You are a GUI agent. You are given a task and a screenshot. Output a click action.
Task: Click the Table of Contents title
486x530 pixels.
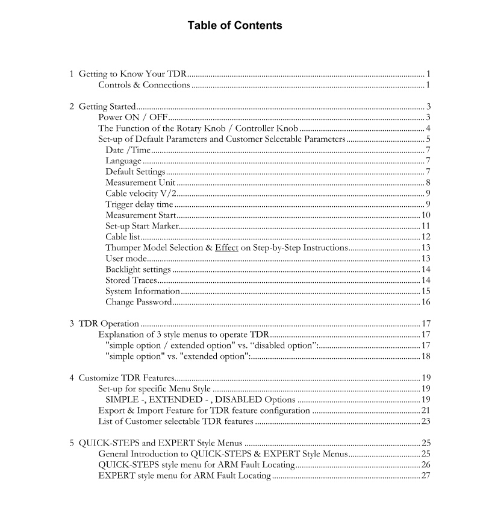[x=234, y=25]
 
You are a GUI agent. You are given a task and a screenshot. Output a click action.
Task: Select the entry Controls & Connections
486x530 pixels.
[x=144, y=85]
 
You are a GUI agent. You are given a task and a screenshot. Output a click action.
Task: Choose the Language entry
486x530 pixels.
[x=123, y=161]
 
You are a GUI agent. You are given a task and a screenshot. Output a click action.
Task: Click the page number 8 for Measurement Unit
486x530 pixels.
[x=427, y=183]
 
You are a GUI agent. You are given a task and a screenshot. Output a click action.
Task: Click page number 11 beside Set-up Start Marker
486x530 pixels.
[x=425, y=226]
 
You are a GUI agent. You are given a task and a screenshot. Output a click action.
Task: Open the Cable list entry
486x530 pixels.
[x=123, y=237]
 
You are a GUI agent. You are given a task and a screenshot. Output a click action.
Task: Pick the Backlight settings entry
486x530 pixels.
[x=138, y=270]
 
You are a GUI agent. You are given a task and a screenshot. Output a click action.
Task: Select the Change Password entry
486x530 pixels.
[x=139, y=302]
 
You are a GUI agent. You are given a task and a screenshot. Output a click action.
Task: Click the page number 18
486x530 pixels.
[x=425, y=356]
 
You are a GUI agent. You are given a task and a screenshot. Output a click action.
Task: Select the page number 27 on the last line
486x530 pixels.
[x=425, y=476]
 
